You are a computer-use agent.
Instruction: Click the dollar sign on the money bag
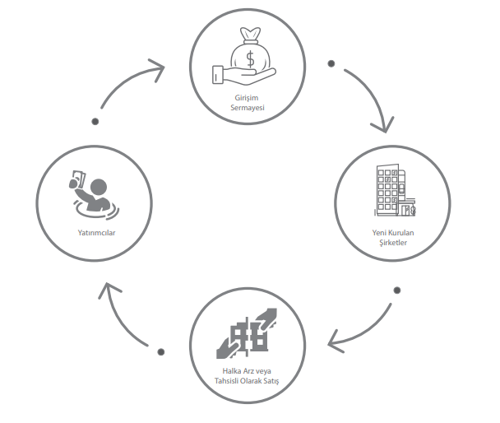[x=251, y=59]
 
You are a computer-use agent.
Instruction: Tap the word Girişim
[x=247, y=98]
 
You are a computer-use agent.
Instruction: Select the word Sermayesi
[x=248, y=108]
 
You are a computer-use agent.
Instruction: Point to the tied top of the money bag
[x=251, y=35]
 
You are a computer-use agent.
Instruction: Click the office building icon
[x=395, y=190]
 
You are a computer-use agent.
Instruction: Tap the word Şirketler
[x=393, y=243]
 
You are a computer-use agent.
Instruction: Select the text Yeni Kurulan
[x=393, y=233]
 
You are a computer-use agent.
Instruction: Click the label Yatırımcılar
[x=96, y=233]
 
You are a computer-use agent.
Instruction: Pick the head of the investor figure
[x=99, y=187]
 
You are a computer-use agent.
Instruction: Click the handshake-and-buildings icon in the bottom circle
[x=247, y=333]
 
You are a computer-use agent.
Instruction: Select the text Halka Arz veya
[x=247, y=371]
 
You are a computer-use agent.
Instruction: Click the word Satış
[x=271, y=381]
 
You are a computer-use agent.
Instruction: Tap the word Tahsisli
[x=226, y=381]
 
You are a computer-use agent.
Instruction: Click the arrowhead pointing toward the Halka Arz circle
[x=334, y=342]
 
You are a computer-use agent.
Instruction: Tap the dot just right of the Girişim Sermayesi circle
[x=331, y=64]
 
